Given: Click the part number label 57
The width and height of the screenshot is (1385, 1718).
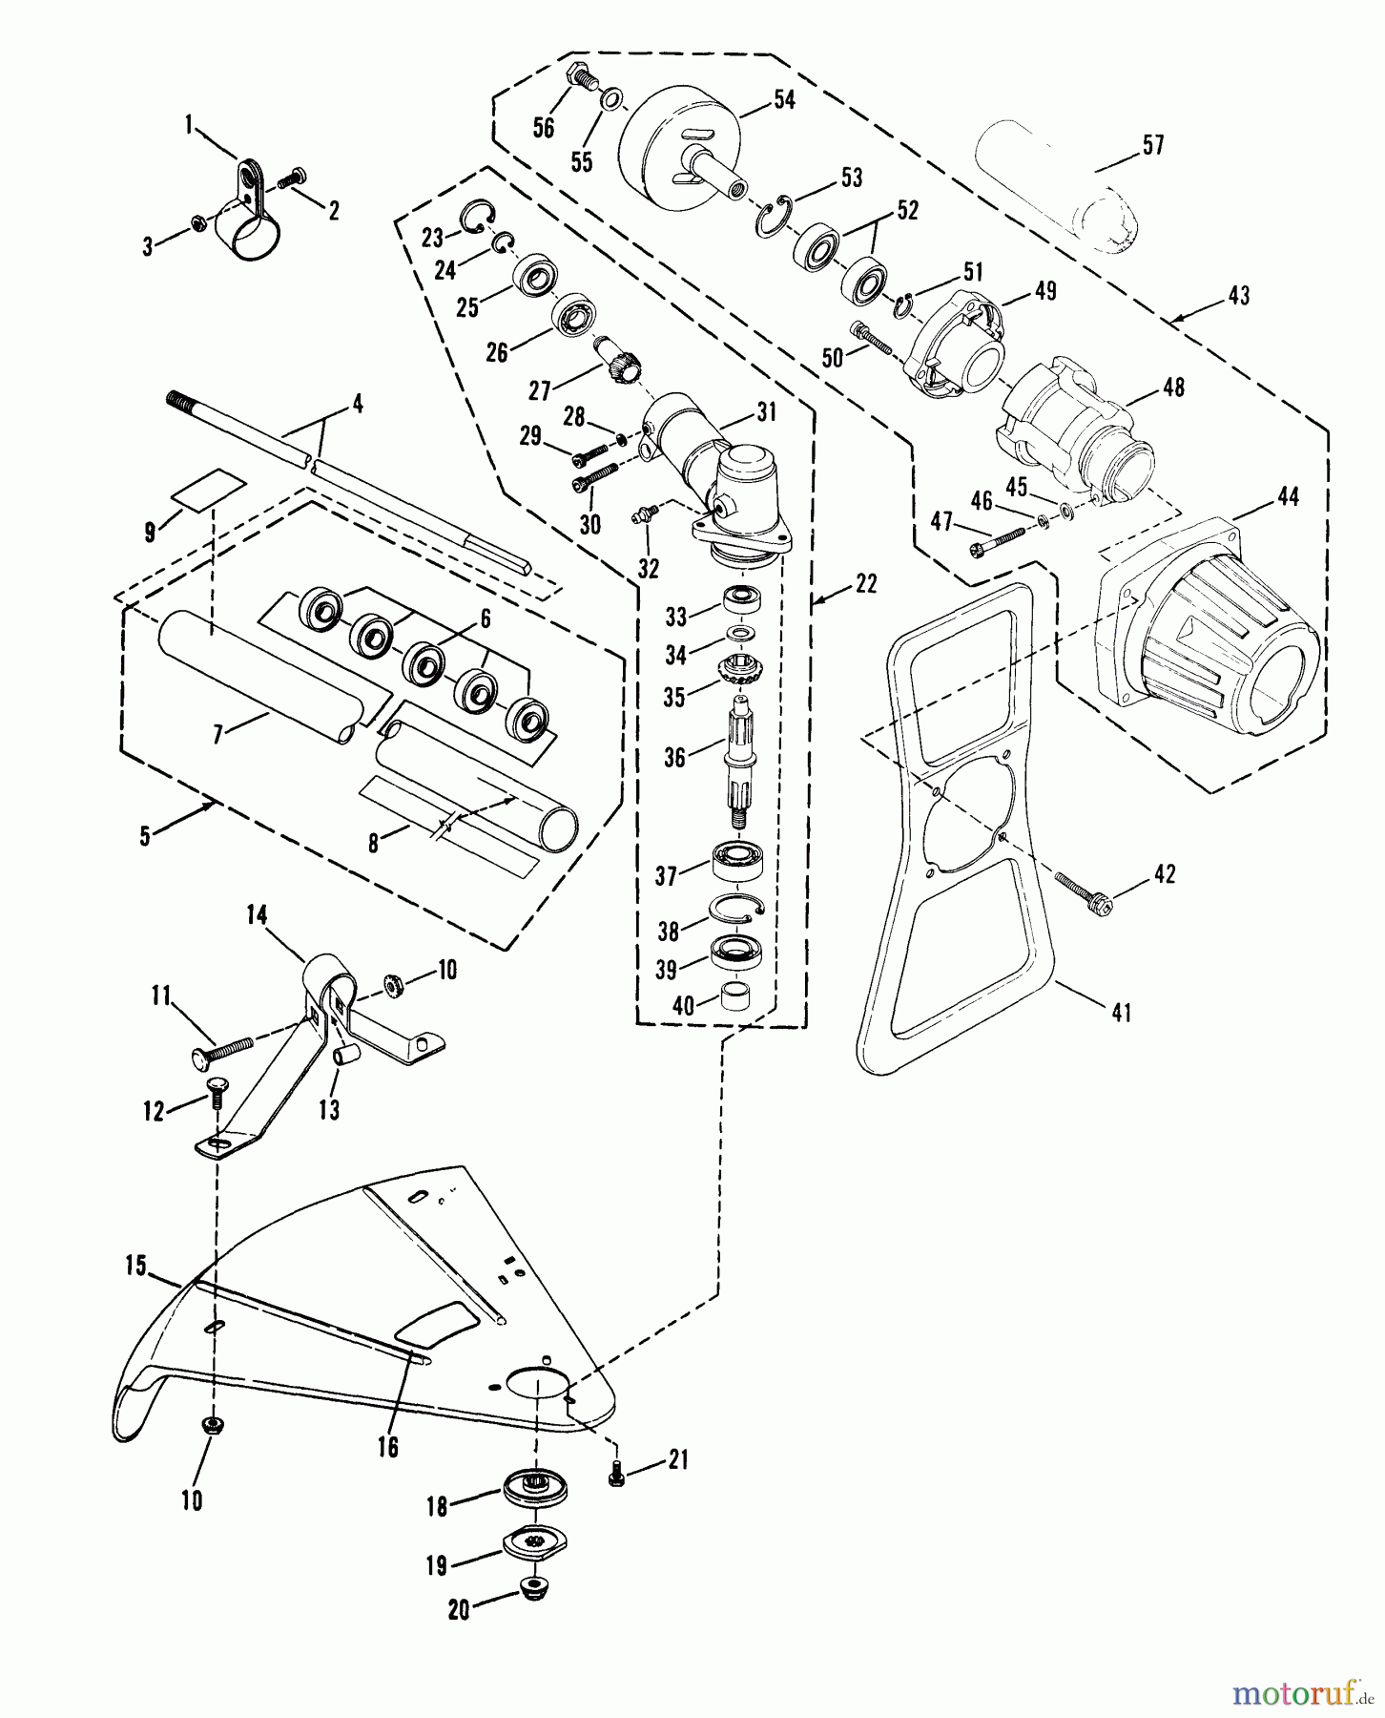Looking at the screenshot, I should pos(1152,145).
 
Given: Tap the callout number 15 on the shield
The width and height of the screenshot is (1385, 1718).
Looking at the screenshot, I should pos(135,1267).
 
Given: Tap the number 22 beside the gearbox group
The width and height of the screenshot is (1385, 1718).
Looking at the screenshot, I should pos(864,584).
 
